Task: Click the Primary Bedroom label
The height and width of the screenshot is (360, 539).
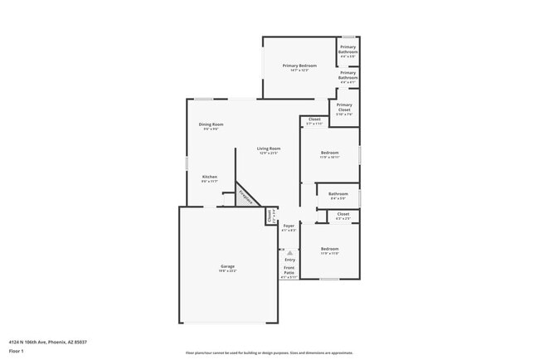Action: [299, 66]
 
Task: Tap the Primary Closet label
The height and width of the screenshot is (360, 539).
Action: [344, 105]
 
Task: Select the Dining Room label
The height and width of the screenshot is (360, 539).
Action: [211, 124]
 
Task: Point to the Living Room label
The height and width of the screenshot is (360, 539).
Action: [269, 148]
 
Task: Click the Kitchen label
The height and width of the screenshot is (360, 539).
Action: [210, 177]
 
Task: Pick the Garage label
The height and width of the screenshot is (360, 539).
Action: [227, 266]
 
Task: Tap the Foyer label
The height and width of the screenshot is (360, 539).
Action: [289, 226]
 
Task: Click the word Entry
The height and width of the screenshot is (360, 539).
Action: [289, 260]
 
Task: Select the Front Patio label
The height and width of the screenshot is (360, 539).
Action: [289, 270]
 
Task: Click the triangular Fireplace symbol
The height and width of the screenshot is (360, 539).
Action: [245, 196]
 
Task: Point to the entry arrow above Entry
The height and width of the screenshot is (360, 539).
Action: [289, 252]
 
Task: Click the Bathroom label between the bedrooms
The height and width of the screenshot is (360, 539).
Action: [338, 194]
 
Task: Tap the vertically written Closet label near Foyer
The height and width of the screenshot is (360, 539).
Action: [270, 216]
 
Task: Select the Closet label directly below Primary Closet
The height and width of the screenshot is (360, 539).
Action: [314, 119]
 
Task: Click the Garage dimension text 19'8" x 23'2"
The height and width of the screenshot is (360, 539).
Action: [227, 271]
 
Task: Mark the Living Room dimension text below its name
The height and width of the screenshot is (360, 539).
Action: [269, 153]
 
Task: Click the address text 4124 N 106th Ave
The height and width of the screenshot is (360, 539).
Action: [48, 341]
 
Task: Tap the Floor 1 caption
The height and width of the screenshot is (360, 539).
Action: [17, 351]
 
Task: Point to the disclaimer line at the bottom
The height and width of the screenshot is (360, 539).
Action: [269, 353]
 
